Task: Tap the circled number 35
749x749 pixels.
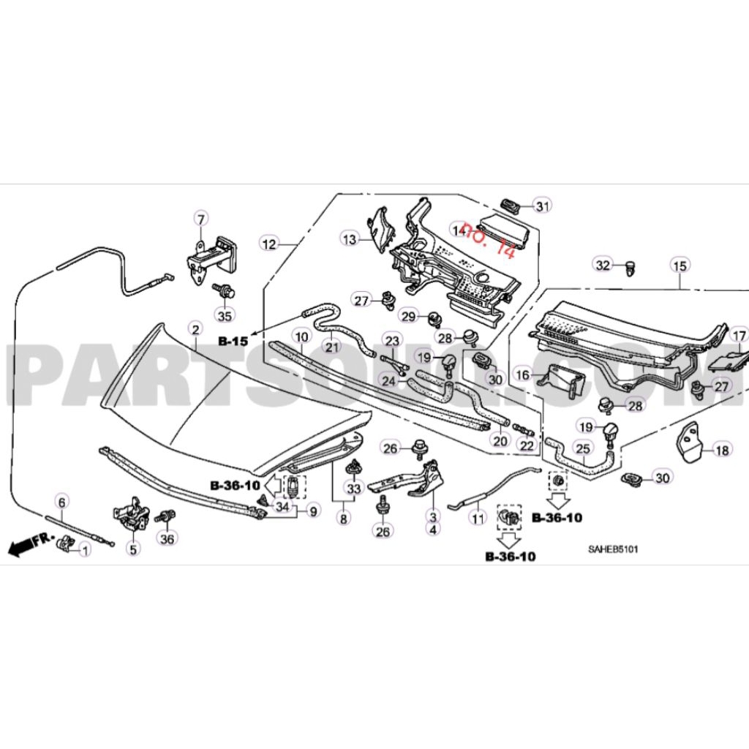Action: tap(225, 316)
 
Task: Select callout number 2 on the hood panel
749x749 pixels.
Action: tap(195, 330)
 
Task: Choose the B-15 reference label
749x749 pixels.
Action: tap(233, 342)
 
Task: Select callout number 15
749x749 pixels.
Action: tap(680, 265)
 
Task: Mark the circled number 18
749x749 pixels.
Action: tap(722, 451)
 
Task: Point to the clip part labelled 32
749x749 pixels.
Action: tap(631, 269)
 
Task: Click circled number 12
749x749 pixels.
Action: tap(270, 244)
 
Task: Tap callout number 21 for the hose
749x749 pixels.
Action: tap(333, 347)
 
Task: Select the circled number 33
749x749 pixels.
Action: tap(354, 488)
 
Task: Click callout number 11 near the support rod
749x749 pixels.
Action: tap(478, 519)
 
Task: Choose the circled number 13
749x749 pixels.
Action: tap(350, 238)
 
